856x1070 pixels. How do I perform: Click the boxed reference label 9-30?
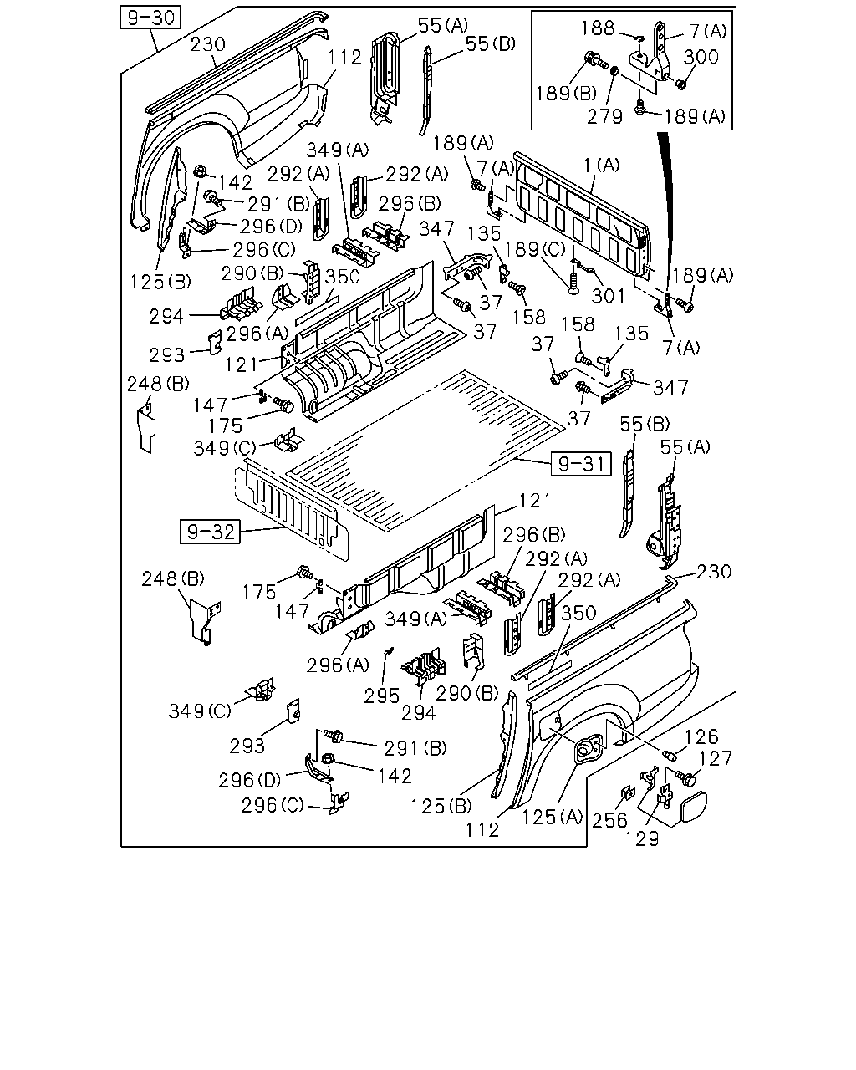pos(150,18)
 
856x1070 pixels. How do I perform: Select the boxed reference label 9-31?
pos(581,464)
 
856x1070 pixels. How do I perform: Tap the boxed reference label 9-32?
pos(210,532)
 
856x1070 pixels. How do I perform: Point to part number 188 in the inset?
pos(598,28)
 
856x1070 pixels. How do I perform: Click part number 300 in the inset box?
pos(701,57)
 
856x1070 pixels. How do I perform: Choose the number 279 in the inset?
pos(605,116)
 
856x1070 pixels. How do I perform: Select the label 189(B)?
pos(566,93)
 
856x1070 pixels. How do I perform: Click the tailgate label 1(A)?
pos(602,165)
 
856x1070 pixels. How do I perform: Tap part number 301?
pos(608,296)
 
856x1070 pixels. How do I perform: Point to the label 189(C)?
pos(536,250)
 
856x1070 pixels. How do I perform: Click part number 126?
pos(702,736)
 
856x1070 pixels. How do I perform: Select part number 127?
pos(716,759)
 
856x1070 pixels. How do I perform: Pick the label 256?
pos(609,821)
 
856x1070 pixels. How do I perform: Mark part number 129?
pos(642,839)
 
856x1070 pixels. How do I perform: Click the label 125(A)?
pos(552,817)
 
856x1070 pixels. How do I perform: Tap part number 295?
pos(381,696)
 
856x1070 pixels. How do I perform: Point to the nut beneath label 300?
pos(681,84)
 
